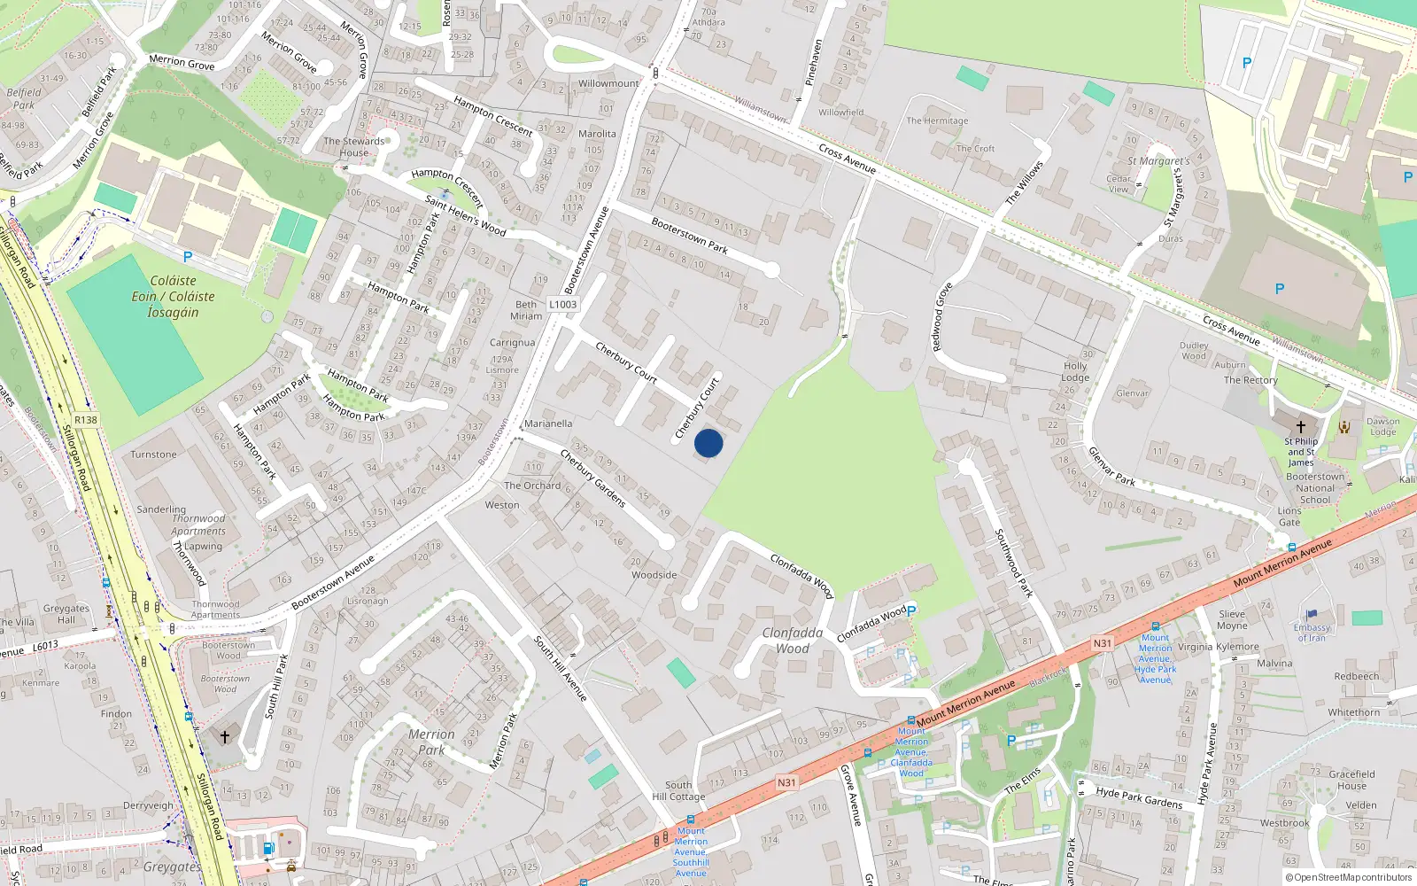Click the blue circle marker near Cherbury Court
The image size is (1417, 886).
pyautogui.click(x=708, y=443)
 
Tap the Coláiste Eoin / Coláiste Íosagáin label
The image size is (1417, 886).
pyautogui.click(x=174, y=296)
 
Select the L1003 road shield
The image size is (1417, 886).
pyautogui.click(x=562, y=304)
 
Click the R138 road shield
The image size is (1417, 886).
pyautogui.click(x=86, y=420)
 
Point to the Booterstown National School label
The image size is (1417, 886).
pyautogui.click(x=1315, y=488)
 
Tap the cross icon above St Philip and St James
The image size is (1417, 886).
pyautogui.click(x=1300, y=426)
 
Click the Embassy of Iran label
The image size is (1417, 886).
pyautogui.click(x=1312, y=633)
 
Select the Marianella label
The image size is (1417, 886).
pyautogui.click(x=548, y=424)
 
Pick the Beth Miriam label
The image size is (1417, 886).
pyautogui.click(x=526, y=310)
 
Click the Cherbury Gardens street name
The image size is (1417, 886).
pyautogui.click(x=592, y=479)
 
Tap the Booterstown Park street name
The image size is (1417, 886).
pyautogui.click(x=689, y=236)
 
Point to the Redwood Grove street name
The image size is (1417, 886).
pyautogui.click(x=942, y=316)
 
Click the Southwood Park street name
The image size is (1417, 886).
pyautogui.click(x=1014, y=563)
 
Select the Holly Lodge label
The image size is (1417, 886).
pyautogui.click(x=1075, y=371)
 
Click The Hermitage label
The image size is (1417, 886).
pyautogui.click(x=937, y=120)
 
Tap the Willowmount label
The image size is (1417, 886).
pyautogui.click(x=608, y=83)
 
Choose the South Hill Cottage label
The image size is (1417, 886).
pyautogui.click(x=678, y=790)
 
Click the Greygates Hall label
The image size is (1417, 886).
pyautogui.click(x=66, y=614)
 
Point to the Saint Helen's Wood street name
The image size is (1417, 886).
pyautogui.click(x=465, y=215)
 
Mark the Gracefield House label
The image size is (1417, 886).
pyautogui.click(x=1351, y=780)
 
